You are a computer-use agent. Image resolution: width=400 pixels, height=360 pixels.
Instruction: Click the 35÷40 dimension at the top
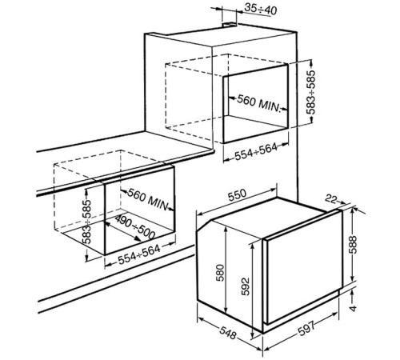[261, 10]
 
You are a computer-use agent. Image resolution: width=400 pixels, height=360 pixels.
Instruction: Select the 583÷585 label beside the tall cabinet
[310, 92]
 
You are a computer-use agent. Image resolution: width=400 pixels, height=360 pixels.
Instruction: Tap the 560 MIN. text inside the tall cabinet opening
[259, 103]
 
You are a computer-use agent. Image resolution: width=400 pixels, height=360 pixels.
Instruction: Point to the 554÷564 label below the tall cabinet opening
[256, 152]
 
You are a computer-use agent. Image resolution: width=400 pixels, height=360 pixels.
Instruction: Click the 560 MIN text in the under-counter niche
[147, 198]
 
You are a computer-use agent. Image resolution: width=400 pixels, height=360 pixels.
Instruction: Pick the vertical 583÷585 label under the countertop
[86, 222]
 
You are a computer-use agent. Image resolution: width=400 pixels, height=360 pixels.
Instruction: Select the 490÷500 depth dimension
[135, 227]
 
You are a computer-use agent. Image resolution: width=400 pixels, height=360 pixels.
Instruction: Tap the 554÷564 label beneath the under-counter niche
[139, 254]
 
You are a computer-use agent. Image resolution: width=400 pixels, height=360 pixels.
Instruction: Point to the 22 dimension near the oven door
[330, 199]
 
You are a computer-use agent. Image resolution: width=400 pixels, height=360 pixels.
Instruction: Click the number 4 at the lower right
[354, 308]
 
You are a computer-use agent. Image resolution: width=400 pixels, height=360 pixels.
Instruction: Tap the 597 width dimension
[306, 328]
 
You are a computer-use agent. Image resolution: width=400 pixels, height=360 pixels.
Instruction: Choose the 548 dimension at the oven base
[228, 333]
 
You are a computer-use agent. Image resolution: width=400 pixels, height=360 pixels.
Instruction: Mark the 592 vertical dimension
[246, 286]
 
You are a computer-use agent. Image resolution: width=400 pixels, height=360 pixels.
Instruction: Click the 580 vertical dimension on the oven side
[220, 273]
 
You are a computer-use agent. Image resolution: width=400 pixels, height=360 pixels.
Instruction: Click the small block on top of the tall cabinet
[230, 25]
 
